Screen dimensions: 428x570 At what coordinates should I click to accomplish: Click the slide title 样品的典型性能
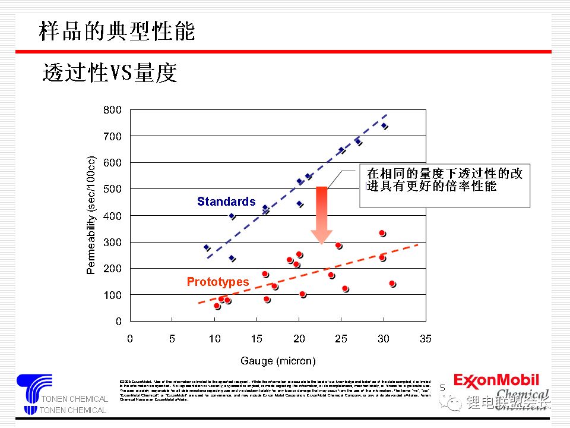[117, 31]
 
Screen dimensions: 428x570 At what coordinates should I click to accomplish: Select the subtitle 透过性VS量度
[110, 73]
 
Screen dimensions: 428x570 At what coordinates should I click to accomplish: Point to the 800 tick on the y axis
[113, 110]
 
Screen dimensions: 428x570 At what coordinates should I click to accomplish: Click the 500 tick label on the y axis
[113, 189]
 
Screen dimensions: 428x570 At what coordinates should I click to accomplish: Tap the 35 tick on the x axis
[425, 339]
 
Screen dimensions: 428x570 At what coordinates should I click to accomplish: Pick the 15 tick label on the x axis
[256, 339]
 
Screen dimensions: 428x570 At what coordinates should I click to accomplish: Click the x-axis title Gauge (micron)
[278, 361]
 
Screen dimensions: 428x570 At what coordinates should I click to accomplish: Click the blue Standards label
[226, 202]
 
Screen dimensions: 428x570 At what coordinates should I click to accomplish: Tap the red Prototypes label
[218, 282]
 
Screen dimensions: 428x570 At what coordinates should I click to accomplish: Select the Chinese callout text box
[445, 186]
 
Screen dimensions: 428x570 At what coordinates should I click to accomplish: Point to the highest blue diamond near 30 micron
[384, 126]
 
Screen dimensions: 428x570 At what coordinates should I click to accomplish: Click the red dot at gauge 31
[392, 284]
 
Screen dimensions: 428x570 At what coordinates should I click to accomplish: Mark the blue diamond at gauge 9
[207, 247]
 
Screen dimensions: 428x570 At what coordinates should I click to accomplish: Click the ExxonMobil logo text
[496, 380]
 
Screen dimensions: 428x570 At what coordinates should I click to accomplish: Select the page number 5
[442, 388]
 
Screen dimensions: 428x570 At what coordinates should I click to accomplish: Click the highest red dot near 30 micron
[382, 233]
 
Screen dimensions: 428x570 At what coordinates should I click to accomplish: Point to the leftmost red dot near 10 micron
[217, 306]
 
